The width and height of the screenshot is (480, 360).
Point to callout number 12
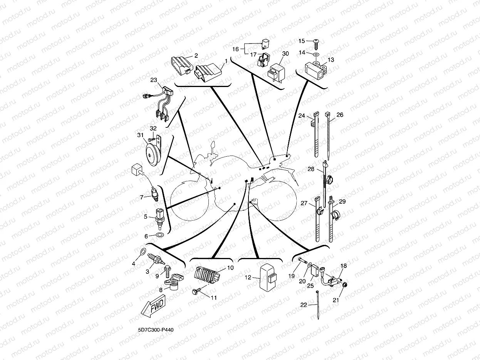(247, 277)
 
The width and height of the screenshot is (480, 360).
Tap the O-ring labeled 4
(142, 252)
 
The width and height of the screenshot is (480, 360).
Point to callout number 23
(154, 80)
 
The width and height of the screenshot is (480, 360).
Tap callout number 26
(340, 115)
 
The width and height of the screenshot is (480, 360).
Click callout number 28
(310, 169)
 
